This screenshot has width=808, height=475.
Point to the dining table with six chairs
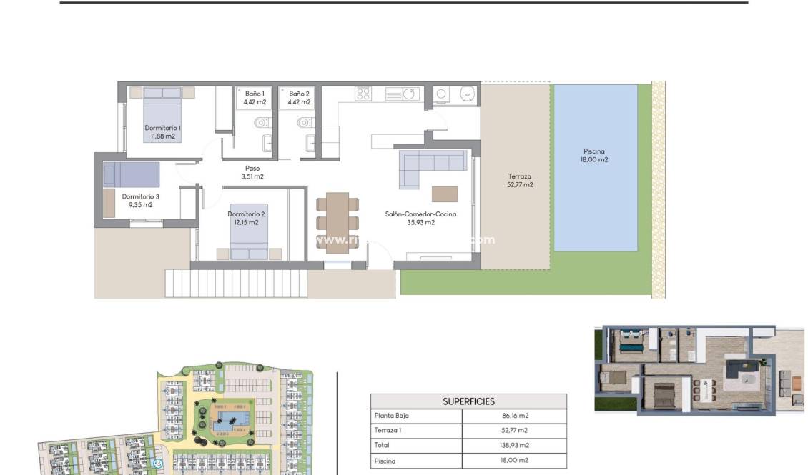click(x=337, y=222)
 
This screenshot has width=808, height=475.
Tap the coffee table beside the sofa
click(x=444, y=194)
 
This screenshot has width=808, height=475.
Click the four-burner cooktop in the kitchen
click(x=363, y=94)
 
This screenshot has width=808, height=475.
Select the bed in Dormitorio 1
click(x=162, y=114)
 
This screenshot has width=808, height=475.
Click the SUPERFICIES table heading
click(x=468, y=401)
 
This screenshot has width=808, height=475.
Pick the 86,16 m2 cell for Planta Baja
click(x=515, y=416)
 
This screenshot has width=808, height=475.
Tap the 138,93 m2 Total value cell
click(x=515, y=445)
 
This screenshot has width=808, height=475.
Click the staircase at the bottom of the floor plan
click(x=236, y=283)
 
